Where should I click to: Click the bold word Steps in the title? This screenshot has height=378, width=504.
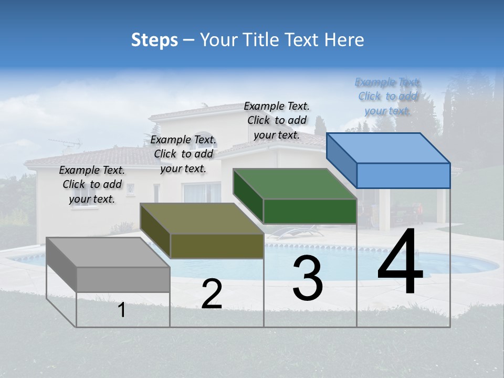(154, 40)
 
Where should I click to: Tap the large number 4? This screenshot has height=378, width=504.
(400, 264)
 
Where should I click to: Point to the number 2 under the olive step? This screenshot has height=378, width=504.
(212, 294)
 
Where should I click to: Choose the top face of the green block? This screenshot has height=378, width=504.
(294, 184)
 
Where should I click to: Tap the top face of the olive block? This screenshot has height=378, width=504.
(201, 218)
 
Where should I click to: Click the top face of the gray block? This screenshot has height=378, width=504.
(108, 253)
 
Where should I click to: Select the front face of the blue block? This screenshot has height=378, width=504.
(403, 175)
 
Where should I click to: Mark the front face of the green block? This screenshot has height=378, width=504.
(310, 211)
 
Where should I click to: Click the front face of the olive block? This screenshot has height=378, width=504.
(217, 246)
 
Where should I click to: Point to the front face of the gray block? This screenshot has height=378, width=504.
(123, 279)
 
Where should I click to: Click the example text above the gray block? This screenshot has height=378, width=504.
(92, 184)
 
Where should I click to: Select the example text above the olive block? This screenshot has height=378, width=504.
(183, 154)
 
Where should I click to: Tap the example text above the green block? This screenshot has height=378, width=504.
(277, 120)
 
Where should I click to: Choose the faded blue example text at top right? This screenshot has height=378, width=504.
(387, 96)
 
